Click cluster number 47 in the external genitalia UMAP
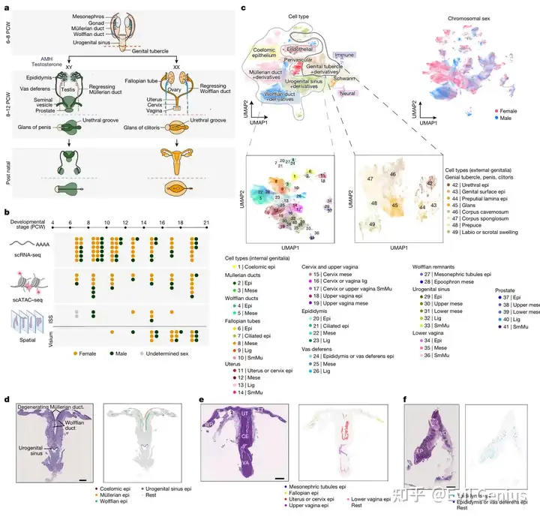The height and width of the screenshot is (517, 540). tap(369, 179)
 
